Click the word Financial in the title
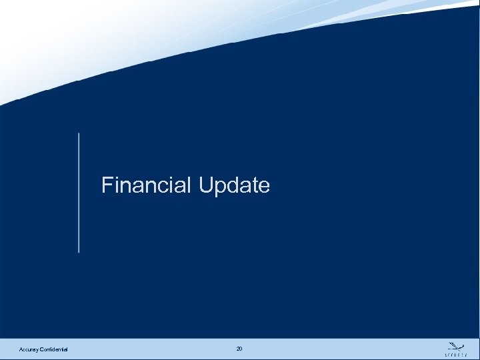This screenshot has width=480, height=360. pos(147,185)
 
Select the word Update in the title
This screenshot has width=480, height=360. pos(234,185)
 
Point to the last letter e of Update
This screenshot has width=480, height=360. pos(265,187)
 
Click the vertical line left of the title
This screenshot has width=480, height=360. pos(79,193)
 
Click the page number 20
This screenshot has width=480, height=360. pos(239,349)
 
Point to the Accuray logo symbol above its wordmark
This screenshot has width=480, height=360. pos(455,345)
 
